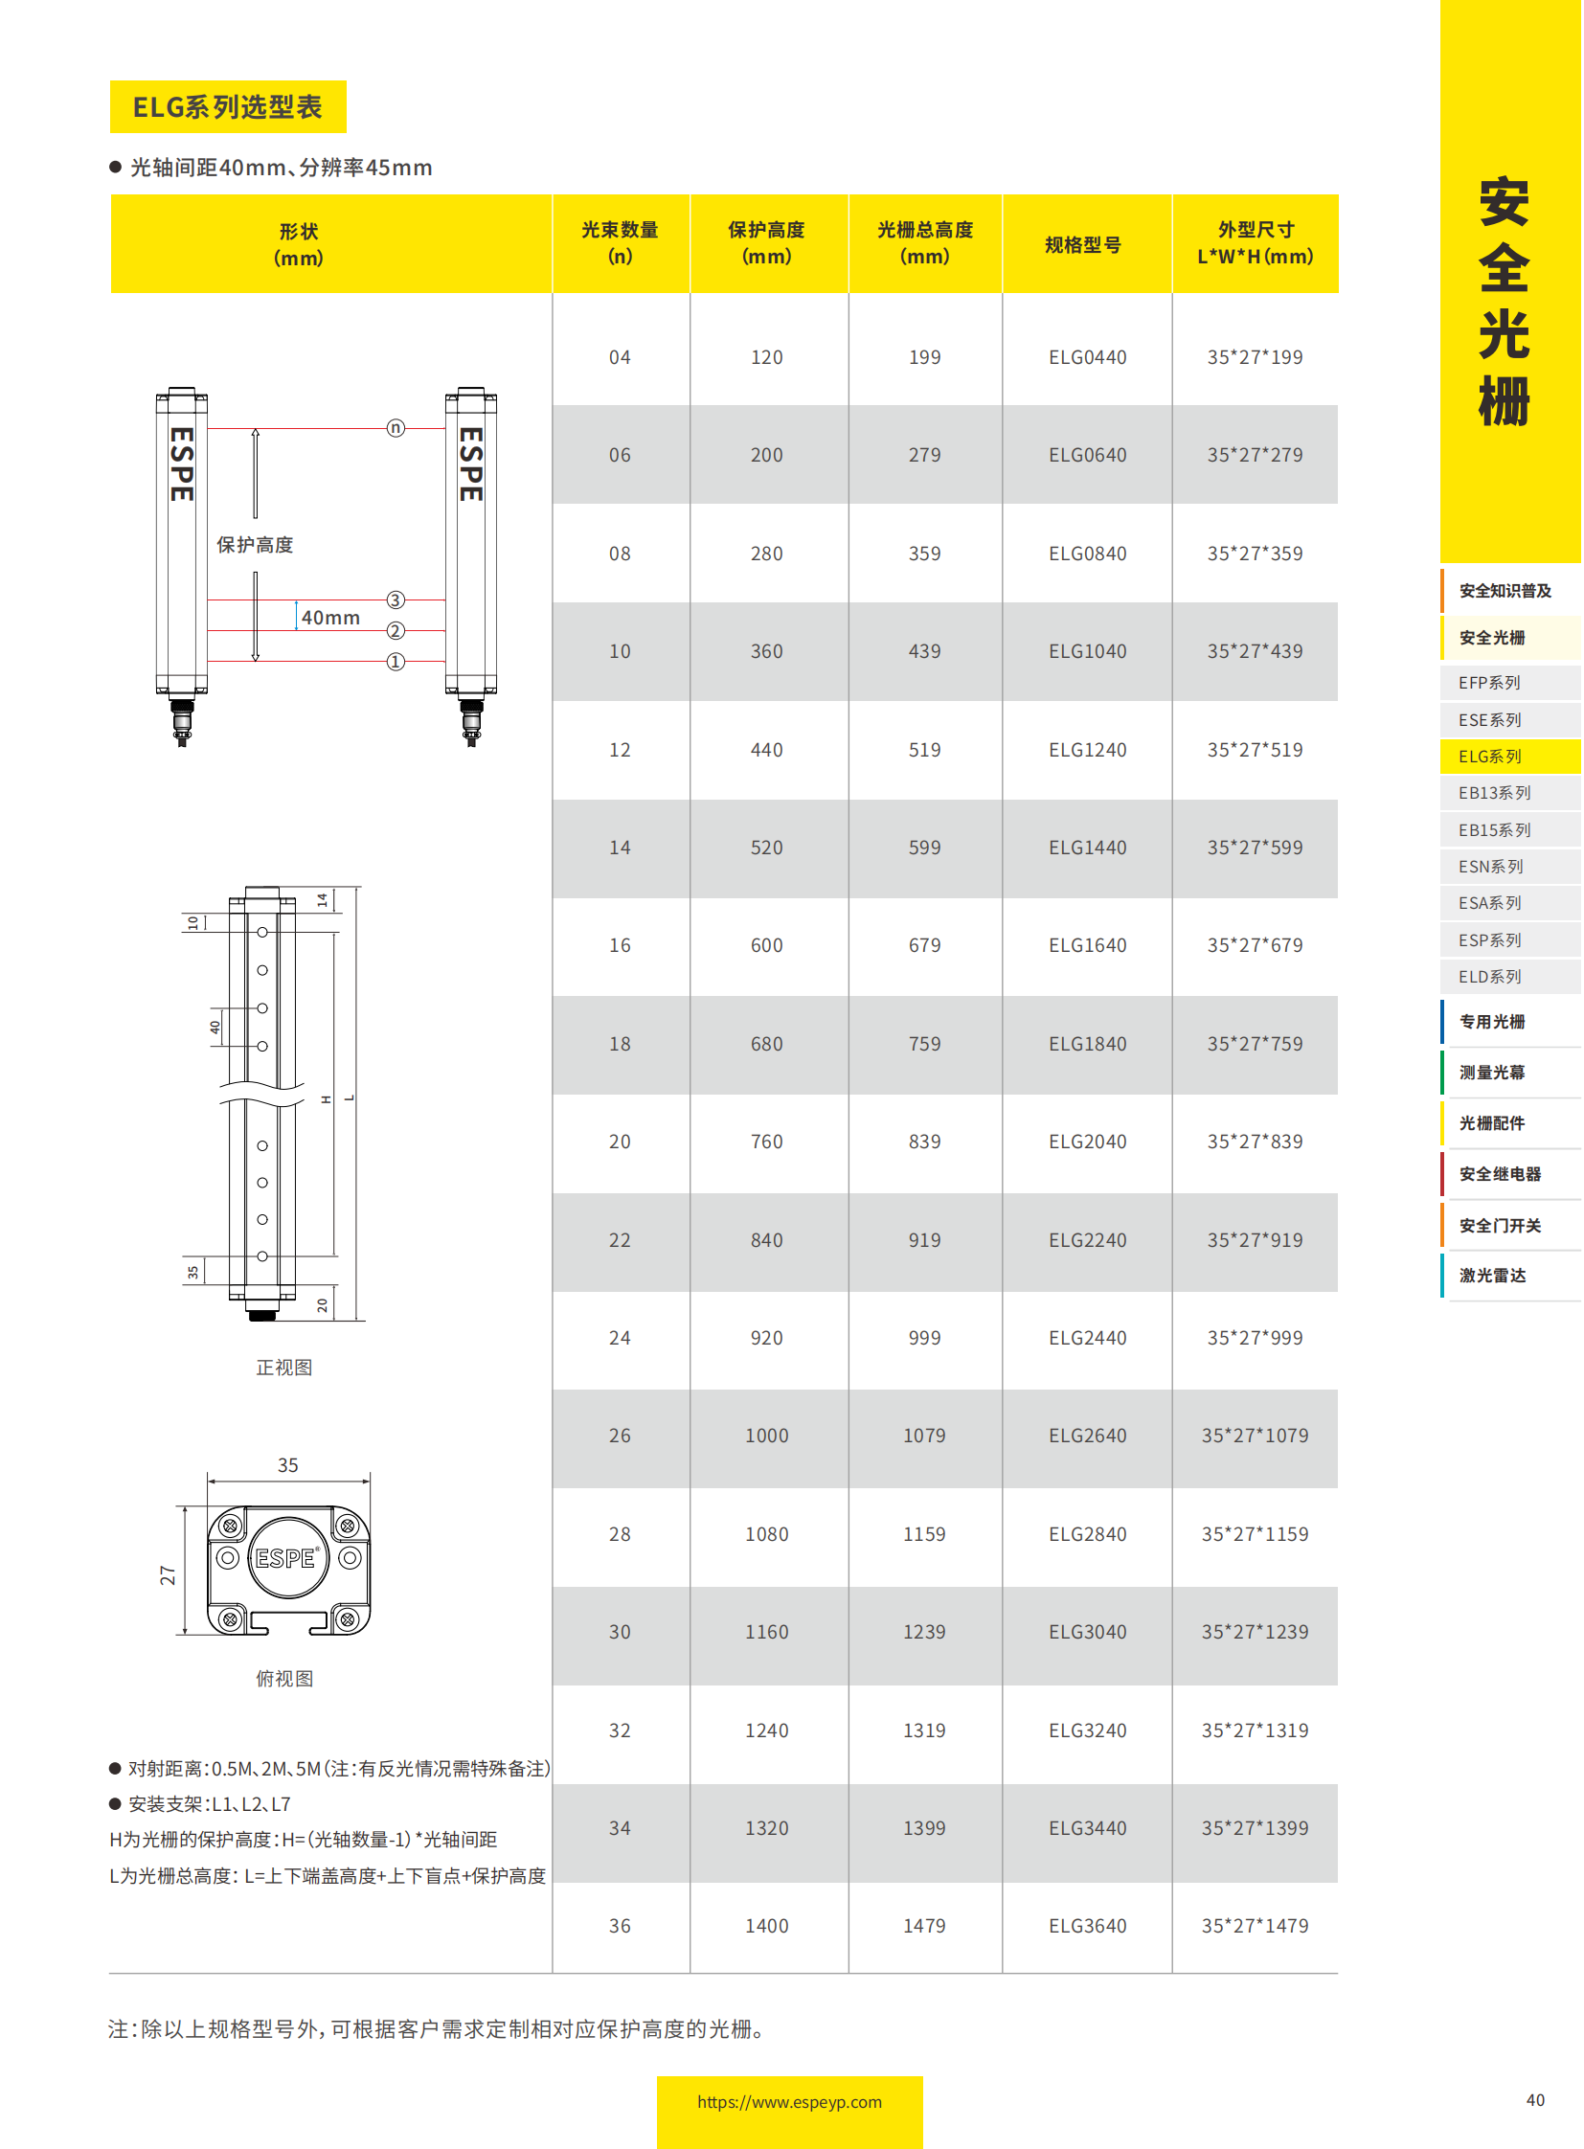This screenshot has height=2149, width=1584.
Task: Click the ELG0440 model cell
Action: click(1086, 357)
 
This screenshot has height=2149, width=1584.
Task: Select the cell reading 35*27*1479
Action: click(1255, 1926)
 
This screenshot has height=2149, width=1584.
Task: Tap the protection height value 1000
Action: click(766, 1436)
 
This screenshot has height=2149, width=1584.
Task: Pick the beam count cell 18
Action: click(620, 1043)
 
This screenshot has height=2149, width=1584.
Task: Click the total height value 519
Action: click(923, 750)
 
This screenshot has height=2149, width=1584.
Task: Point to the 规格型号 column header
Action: click(1082, 244)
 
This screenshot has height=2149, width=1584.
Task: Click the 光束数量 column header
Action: click(620, 242)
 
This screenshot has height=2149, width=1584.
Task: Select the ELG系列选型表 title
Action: click(227, 106)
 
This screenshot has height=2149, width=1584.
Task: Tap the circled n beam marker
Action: click(395, 428)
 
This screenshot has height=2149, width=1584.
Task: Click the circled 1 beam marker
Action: click(395, 662)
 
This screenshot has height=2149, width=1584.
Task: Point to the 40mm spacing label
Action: click(329, 618)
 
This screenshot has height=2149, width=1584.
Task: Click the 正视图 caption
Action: click(283, 1368)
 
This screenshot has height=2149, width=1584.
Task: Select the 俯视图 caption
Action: click(283, 1678)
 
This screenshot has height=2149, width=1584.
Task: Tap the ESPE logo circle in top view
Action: click(287, 1558)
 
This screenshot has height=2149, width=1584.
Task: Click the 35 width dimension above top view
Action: click(287, 1465)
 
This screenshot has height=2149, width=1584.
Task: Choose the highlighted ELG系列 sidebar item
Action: click(1491, 757)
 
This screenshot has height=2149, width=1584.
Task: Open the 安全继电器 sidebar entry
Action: click(1500, 1174)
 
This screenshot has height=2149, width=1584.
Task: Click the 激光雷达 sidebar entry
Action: click(1492, 1276)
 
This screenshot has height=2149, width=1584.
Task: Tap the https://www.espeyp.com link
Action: click(789, 2102)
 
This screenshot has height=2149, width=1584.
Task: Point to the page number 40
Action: click(1534, 2100)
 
